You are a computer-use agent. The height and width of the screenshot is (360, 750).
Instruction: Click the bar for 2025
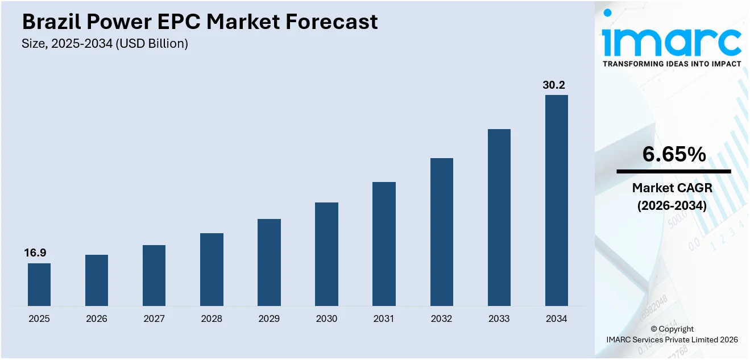tap(39, 284)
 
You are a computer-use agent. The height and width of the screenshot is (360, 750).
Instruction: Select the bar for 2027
tap(154, 275)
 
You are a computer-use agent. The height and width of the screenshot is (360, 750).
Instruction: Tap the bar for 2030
tap(326, 254)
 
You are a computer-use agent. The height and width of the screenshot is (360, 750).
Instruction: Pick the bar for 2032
tap(441, 232)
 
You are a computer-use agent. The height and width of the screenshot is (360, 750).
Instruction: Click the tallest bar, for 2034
tap(556, 200)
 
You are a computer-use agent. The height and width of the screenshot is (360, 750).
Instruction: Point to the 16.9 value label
tap(35, 253)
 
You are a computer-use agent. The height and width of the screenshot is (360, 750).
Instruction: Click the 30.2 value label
tap(554, 85)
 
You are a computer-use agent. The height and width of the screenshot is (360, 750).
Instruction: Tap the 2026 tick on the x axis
tap(97, 318)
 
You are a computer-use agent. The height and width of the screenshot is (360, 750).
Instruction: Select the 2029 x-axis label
tap(269, 318)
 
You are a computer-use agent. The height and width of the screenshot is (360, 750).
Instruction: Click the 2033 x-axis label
tap(499, 318)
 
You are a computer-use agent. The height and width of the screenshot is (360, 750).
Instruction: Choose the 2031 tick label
tap(384, 318)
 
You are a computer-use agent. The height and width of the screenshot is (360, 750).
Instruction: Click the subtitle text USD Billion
tap(152, 43)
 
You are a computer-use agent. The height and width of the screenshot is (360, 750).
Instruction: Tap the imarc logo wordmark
tap(672, 40)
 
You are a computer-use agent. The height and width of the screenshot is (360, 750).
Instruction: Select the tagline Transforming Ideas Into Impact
tap(672, 64)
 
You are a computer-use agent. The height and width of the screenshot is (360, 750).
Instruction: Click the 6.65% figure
tap(674, 154)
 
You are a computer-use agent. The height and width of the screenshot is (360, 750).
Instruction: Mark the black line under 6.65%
tap(674, 171)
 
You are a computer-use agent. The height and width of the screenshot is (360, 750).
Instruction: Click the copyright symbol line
tap(672, 329)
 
